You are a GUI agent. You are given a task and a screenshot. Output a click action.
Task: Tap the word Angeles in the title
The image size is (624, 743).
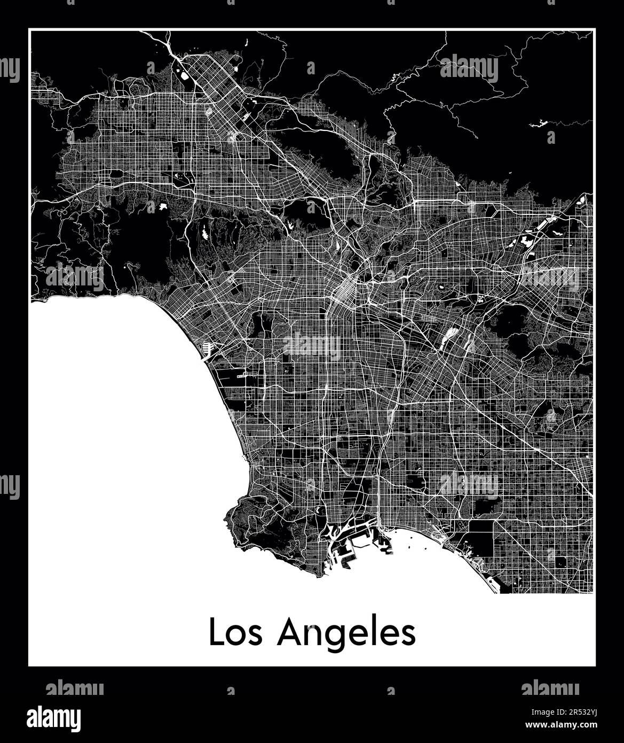346,634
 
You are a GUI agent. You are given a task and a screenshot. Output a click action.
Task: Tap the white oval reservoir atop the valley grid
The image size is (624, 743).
185,75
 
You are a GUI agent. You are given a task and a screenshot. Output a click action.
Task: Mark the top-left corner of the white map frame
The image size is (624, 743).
30,30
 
